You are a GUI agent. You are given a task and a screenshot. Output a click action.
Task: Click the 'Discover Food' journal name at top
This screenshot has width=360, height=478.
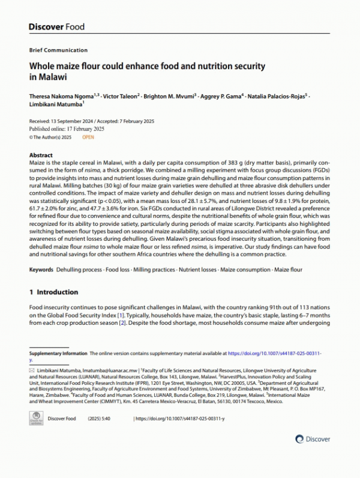pos(56,27)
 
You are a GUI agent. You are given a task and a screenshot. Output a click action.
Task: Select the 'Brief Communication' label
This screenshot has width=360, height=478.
pos(58,50)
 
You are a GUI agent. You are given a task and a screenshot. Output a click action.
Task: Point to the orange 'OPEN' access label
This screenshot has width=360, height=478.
pos(88,137)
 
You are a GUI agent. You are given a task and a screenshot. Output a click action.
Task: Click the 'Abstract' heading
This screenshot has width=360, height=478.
pos(41,155)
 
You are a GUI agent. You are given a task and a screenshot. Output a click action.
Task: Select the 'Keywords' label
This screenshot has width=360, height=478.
pos(41,270)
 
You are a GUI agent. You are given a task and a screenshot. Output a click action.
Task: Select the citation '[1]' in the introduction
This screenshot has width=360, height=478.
pos(205,315)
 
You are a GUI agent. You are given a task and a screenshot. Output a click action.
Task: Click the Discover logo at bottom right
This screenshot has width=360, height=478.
pos(311,439)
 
